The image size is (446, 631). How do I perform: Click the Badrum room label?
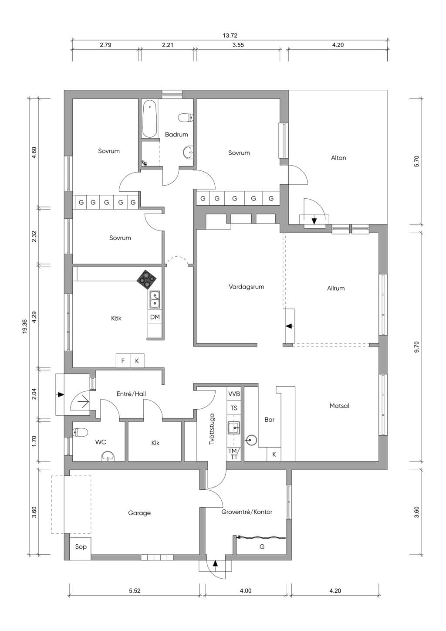coord(176,134)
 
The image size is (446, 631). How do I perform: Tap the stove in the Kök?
coord(146,279)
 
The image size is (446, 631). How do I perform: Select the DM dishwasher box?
coord(155,317)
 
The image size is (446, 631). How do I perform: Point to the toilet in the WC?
coord(80,432)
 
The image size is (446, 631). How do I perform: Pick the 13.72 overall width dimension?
coord(230,35)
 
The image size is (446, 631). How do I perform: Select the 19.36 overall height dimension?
coord(24,326)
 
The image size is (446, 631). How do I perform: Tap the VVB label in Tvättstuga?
coord(234,394)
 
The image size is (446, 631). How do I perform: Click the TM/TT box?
coord(234,454)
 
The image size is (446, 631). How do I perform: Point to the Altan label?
coord(338,158)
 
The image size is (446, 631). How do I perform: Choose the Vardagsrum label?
coord(247,287)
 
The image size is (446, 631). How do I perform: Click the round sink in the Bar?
coord(251,440)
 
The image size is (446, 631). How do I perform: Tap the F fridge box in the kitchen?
coord(123,360)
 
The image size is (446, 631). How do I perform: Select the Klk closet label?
coord(155,443)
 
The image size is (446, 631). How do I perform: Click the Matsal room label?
coord(339,406)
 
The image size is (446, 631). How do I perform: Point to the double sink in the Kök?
coord(155,299)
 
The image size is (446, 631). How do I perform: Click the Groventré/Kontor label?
coord(247,512)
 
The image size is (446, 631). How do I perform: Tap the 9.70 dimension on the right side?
coord(417,347)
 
